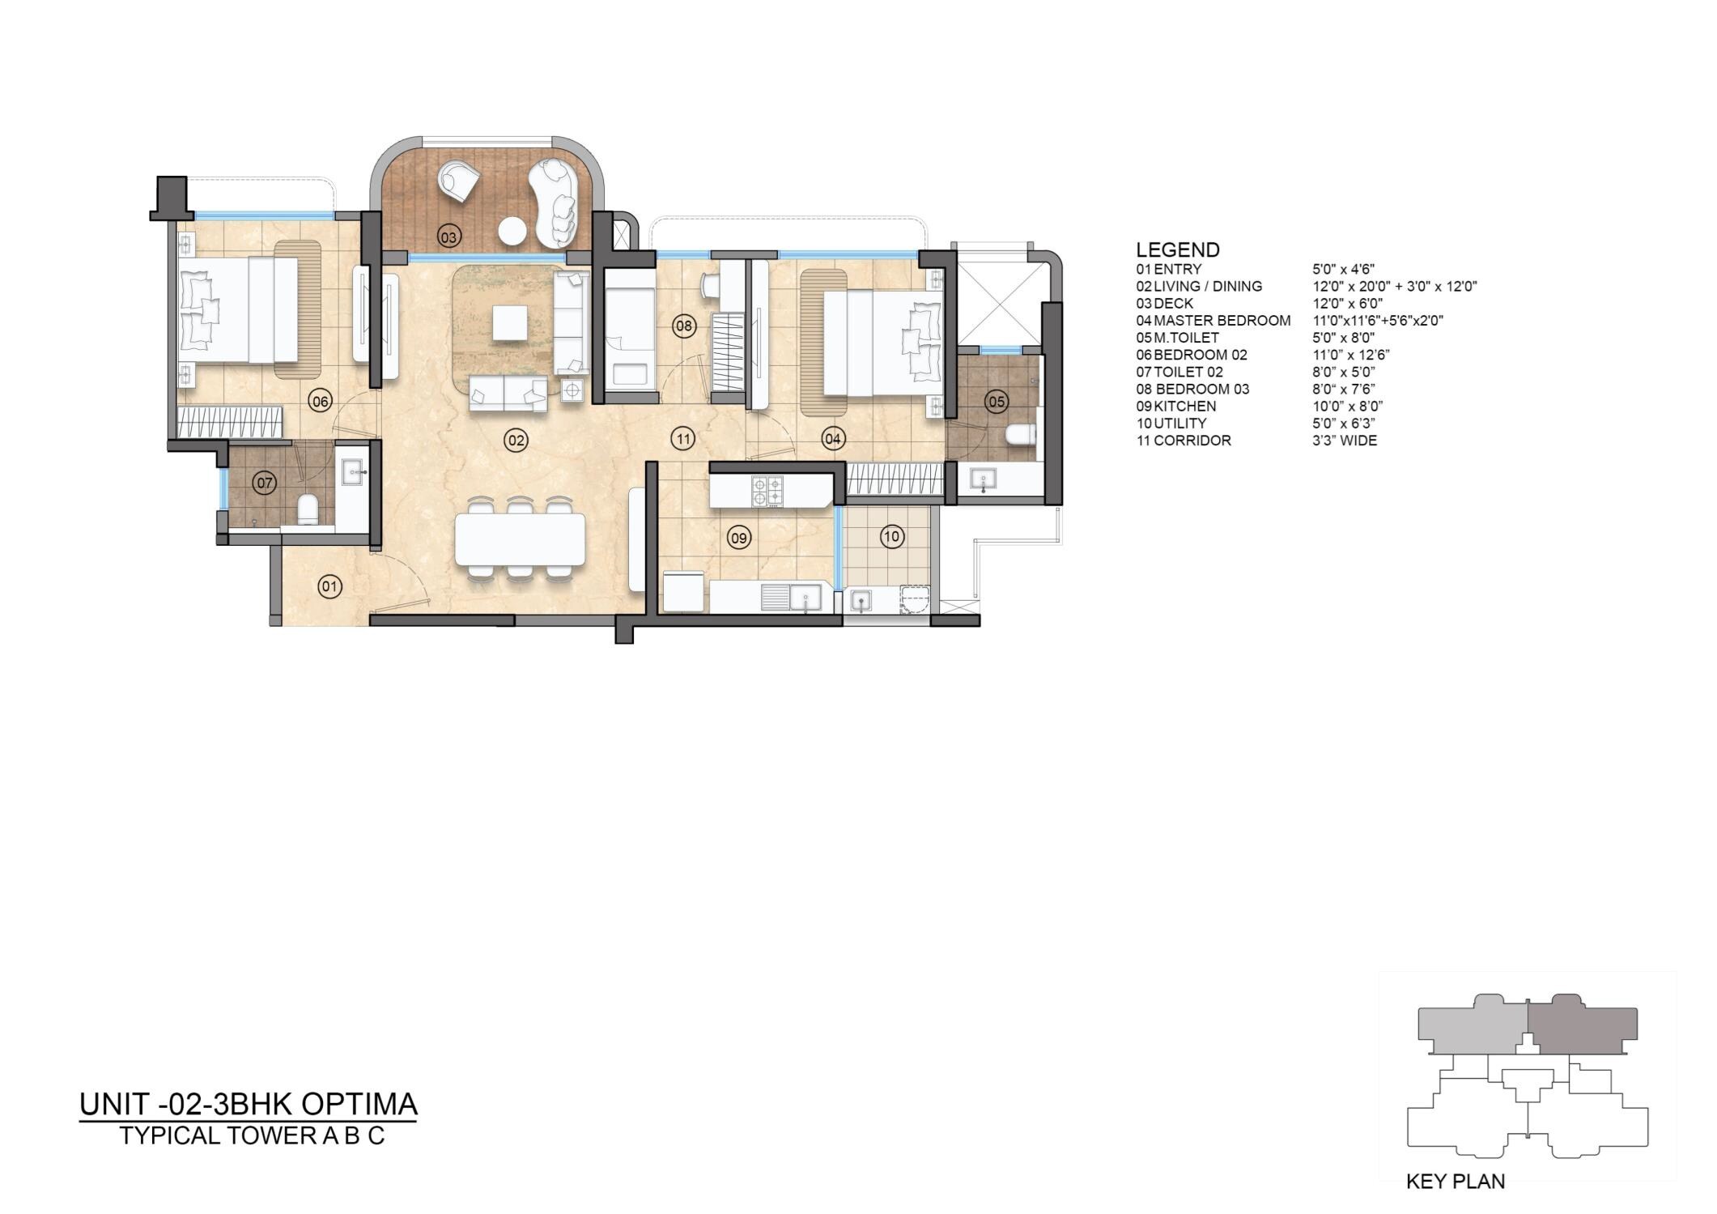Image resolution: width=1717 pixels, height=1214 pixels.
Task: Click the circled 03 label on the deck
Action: click(x=448, y=236)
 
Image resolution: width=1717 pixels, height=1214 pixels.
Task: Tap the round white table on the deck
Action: click(x=512, y=231)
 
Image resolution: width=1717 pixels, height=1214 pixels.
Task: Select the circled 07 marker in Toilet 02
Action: click(x=265, y=483)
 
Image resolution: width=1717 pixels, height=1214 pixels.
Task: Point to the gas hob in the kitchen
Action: click(x=767, y=491)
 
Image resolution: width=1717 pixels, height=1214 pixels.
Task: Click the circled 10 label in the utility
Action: click(x=891, y=536)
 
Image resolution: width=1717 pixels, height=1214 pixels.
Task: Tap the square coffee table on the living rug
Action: click(x=510, y=323)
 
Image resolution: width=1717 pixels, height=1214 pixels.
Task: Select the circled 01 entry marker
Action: click(x=329, y=586)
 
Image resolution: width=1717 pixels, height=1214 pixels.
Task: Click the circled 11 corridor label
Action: click(x=683, y=439)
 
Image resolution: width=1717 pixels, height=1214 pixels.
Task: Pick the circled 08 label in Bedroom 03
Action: click(x=684, y=326)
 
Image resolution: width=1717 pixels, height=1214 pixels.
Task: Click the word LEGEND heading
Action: click(x=1177, y=249)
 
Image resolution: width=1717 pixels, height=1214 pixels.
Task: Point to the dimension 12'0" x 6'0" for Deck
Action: click(x=1347, y=304)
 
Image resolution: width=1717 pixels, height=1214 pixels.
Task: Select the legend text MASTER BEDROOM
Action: click(x=1222, y=321)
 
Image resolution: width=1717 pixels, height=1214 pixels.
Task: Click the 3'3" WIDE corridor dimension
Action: click(x=1344, y=441)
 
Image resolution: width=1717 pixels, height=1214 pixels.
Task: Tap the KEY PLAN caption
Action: click(x=1455, y=1182)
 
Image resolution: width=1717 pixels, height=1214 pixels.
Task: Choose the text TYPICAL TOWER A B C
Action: click(x=252, y=1135)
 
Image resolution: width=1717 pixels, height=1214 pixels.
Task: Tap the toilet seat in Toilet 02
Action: click(x=307, y=509)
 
